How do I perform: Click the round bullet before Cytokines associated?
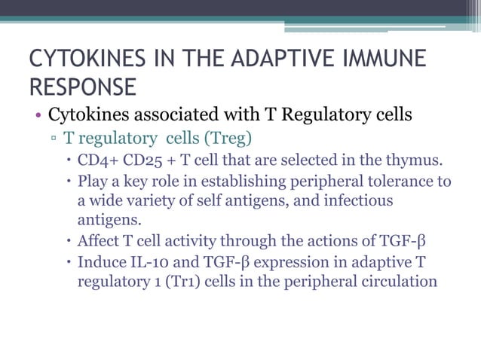pos(36,117)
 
